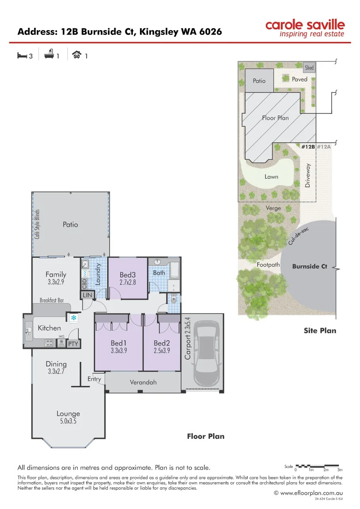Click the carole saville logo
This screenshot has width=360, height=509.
[304, 28]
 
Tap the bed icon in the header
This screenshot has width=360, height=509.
[21, 56]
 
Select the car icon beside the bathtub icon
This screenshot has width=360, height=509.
[76, 55]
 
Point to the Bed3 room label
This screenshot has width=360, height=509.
[127, 275]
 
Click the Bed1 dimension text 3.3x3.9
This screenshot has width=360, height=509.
[118, 351]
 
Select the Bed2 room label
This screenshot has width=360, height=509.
[162, 343]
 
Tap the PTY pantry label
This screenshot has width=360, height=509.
[73, 344]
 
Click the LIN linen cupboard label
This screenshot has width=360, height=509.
[88, 295]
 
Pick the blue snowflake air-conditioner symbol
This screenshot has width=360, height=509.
[74, 318]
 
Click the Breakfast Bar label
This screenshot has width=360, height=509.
[51, 300]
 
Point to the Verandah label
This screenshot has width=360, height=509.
[143, 382]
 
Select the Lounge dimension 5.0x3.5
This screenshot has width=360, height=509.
[68, 422]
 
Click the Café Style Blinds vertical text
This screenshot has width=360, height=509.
[37, 224]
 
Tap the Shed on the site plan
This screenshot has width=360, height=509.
[309, 68]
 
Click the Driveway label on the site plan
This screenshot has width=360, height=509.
[308, 175]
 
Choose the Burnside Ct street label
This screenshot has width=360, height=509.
[310, 266]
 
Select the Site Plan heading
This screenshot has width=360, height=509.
[320, 330]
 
